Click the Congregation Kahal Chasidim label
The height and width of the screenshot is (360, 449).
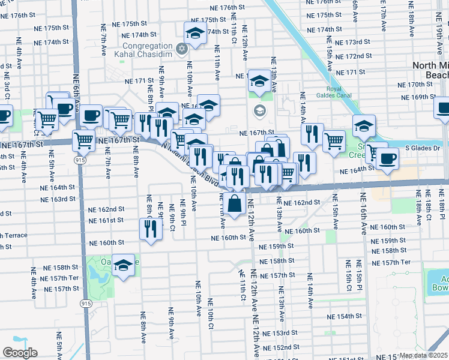(x=148, y=50)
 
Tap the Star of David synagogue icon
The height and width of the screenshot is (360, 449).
(x=181, y=47)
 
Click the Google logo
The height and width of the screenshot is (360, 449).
(x=20, y=353)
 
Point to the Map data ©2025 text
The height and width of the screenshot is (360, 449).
(x=424, y=355)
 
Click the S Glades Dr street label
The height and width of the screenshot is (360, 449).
(x=423, y=148)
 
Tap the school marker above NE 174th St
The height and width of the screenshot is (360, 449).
(x=194, y=33)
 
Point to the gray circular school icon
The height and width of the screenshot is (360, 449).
(x=259, y=110)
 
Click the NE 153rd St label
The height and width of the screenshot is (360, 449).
(x=280, y=333)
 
